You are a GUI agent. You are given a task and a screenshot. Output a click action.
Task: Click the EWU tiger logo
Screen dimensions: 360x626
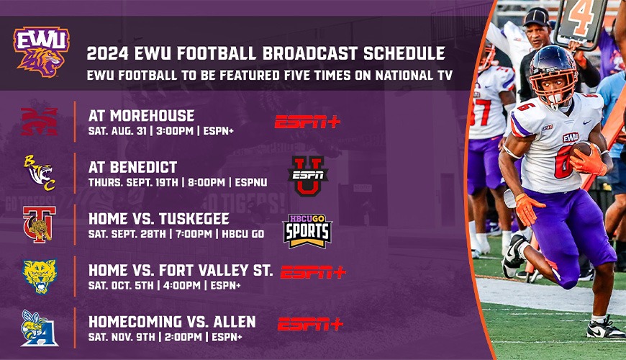(x=41, y=51)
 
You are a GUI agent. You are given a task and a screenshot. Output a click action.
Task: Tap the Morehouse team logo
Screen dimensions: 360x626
(x=39, y=121)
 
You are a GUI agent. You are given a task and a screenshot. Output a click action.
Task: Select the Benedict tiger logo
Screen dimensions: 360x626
(x=39, y=174)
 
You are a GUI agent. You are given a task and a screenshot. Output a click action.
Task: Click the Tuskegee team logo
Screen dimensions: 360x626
(x=39, y=225)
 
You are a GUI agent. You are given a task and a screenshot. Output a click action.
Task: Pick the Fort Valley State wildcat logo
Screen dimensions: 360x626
(x=39, y=276)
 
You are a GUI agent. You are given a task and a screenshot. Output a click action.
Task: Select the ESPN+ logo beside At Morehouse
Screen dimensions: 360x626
(x=307, y=122)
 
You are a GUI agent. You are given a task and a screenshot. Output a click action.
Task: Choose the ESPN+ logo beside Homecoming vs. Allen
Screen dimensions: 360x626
(x=310, y=324)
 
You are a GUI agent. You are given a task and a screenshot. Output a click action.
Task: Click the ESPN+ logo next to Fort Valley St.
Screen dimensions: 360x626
(x=313, y=272)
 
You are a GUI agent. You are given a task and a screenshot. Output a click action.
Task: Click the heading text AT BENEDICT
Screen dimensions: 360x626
(x=133, y=167)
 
